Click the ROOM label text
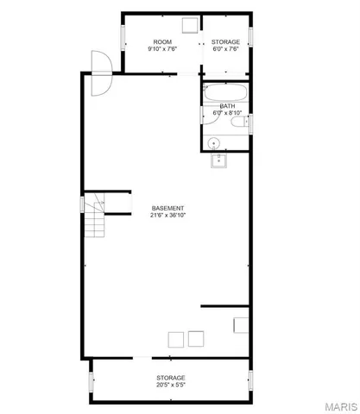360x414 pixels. click(x=162, y=41)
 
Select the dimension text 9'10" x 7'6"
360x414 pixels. click(x=162, y=49)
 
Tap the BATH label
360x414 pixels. click(x=226, y=105)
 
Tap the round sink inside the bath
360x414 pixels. click(x=214, y=143)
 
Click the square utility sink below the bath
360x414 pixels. click(x=219, y=159)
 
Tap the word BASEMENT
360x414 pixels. click(x=167, y=208)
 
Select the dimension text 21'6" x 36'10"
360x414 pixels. click(x=167, y=216)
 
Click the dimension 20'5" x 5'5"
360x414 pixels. click(x=170, y=385)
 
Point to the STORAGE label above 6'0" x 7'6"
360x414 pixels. click(x=226, y=41)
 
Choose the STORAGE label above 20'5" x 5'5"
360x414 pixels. click(x=170, y=377)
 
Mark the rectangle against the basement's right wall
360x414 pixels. click(x=241, y=325)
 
